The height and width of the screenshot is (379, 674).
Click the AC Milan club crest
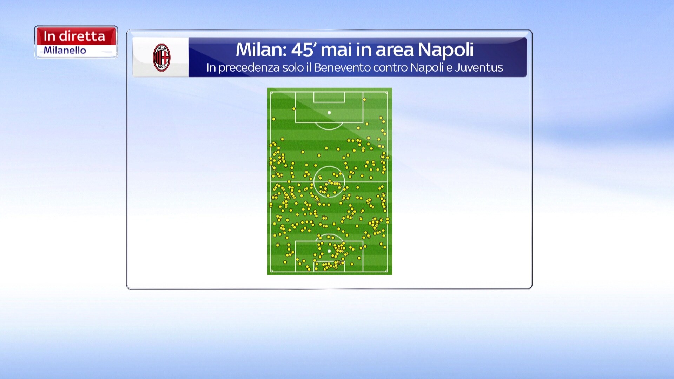161,58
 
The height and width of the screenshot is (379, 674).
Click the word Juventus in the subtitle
479,67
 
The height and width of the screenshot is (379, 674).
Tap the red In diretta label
74,36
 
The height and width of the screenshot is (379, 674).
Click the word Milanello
65,51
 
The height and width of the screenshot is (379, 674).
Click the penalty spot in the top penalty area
329,113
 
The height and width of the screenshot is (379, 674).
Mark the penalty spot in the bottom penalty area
329,251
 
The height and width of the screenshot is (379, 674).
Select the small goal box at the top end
329,97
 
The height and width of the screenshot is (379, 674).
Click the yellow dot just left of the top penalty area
294,109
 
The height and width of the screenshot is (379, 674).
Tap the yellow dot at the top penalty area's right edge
364,100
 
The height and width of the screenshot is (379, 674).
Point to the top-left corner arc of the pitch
272,93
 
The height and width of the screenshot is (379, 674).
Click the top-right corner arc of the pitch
386,93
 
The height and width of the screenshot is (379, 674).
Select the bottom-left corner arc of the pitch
272,271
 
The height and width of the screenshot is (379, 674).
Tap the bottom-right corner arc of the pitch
386,271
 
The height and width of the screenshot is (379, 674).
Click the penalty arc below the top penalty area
329,129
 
